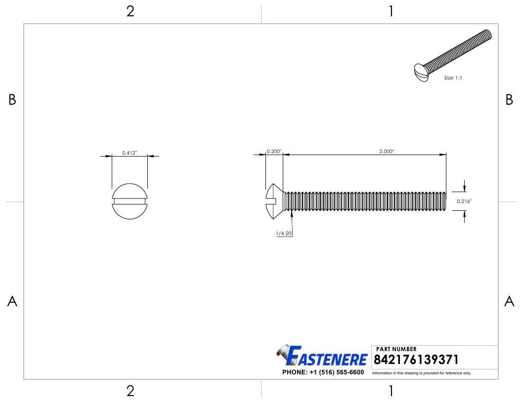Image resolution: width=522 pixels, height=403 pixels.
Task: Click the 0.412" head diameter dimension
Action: click(130, 153)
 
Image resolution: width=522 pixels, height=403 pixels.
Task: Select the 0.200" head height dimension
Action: click(274, 151)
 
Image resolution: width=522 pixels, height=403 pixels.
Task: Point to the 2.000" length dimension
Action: click(386, 152)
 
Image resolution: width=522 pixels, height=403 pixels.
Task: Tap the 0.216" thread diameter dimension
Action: click(464, 201)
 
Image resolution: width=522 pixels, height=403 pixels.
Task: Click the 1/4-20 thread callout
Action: click(284, 233)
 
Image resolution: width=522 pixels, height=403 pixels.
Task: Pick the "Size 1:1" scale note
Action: click(453, 78)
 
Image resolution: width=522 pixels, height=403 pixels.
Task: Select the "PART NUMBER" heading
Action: click(396, 349)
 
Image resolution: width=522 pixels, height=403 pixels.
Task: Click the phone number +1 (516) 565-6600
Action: click(323, 372)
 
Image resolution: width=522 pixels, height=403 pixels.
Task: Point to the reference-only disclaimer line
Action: click(422, 373)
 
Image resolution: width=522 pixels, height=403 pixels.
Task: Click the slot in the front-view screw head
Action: click(130, 201)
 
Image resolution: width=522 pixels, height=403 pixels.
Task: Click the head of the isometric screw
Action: click(421, 73)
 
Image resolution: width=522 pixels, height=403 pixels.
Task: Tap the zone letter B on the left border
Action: click(12, 100)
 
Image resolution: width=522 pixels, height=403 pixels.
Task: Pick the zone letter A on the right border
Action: click(509, 301)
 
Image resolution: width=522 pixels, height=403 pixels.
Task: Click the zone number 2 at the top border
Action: click(130, 11)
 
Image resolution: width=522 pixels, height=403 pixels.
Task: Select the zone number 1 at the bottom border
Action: click(391, 391)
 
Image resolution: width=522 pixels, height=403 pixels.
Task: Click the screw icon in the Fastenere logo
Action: click(283, 353)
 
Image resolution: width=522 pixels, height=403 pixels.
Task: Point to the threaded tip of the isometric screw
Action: click(487, 35)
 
